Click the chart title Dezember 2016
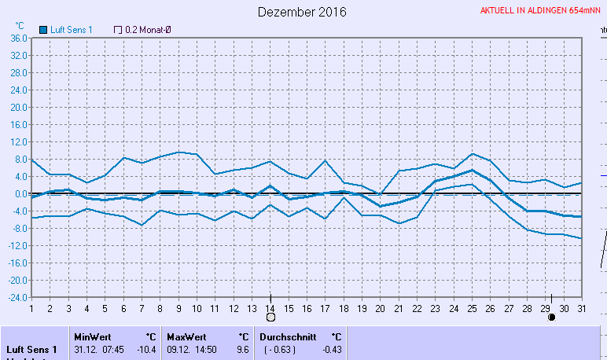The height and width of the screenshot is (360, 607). point(303,12)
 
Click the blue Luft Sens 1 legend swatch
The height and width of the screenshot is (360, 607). point(43,30)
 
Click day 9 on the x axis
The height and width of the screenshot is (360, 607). point(178,307)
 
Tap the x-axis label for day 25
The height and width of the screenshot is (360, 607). point(473,307)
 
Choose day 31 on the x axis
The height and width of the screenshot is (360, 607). point(581,307)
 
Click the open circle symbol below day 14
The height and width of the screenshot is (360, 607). point(270,317)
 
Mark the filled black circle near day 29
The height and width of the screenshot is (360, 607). point(551,317)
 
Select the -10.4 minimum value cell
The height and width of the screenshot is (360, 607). point(146,349)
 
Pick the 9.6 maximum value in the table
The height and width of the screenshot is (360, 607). point(242,349)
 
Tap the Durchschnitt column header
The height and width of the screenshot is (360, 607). point(288,336)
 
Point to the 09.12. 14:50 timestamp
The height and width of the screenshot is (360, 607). point(192,349)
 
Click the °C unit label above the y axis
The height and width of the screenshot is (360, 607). point(20,25)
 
